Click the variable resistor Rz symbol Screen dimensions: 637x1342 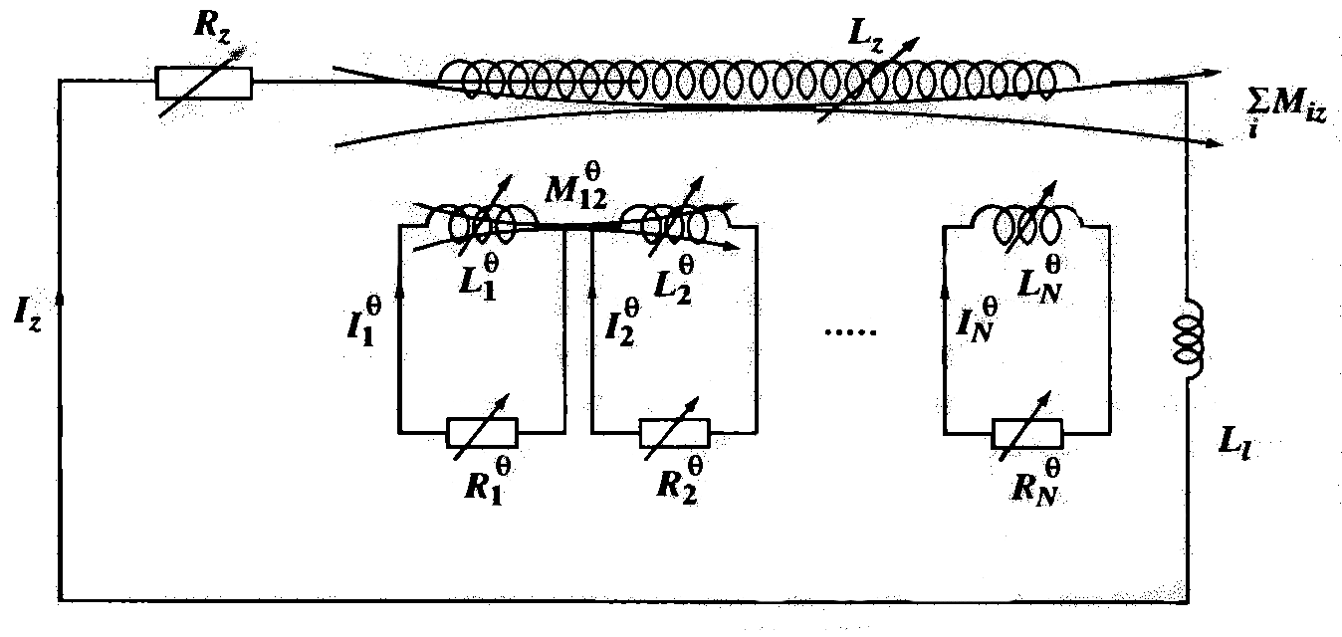pyautogui.click(x=204, y=84)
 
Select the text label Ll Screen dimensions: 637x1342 pyautogui.click(x=1238, y=449)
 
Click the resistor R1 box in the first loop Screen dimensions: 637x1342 pyautogui.click(x=482, y=433)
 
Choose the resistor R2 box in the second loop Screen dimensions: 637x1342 pyautogui.click(x=674, y=433)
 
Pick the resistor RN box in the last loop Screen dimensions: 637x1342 pyautogui.click(x=1026, y=433)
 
